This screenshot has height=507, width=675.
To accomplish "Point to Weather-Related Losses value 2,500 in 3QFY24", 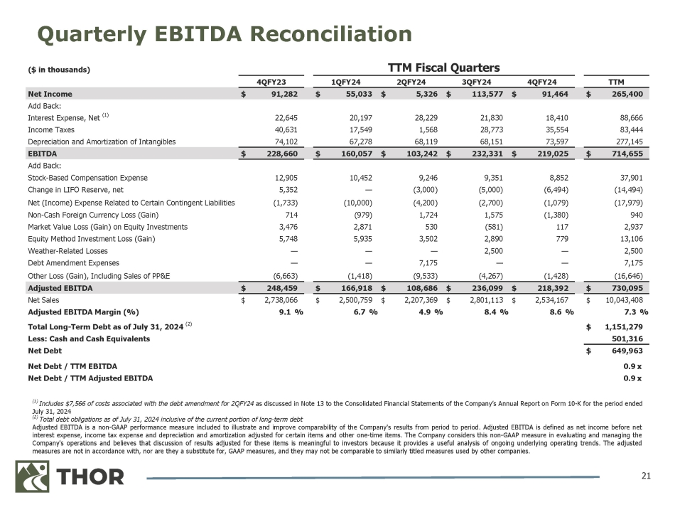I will pyautogui.click(x=490, y=250).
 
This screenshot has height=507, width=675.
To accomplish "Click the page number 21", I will pyautogui.click(x=645, y=475).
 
